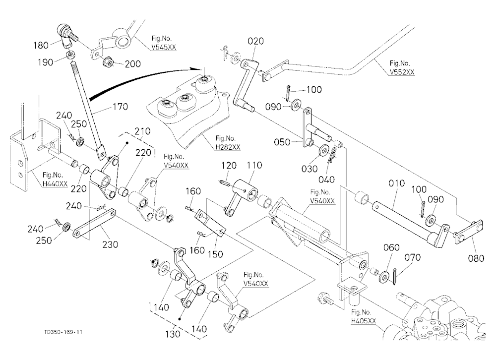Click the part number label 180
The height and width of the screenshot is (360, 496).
coord(41,46)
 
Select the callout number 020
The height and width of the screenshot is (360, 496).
coord(255,41)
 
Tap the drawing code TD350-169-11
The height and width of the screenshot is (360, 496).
coord(63,332)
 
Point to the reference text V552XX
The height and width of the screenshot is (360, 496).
coord(402,72)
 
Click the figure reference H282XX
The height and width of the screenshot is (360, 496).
coord(228,147)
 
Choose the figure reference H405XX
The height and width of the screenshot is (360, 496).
coord(364,321)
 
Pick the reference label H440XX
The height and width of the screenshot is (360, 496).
coord(55,184)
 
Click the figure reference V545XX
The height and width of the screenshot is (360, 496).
coord(164,48)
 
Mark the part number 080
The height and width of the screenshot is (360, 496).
coord(476,258)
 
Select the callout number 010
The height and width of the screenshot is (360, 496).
coord(396,183)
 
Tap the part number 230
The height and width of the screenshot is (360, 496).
coord(110,244)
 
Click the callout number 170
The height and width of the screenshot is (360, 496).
coord(120,107)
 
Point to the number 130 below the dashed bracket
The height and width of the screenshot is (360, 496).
coord(173,334)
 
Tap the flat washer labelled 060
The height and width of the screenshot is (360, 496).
coord(384,276)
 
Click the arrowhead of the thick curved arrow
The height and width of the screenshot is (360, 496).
coord(198,69)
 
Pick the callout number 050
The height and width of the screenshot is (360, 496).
coord(282,142)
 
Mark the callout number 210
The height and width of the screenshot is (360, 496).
coord(142,131)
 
